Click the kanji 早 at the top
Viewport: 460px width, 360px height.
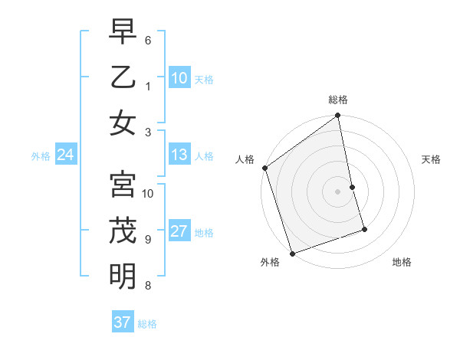pyautogui.click(x=123, y=34)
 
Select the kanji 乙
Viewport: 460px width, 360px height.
pyautogui.click(x=123, y=77)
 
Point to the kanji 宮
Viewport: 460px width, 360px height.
pyautogui.click(x=123, y=185)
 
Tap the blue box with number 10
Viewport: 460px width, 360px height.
pyautogui.click(x=179, y=78)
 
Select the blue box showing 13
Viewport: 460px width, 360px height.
pyautogui.click(x=179, y=155)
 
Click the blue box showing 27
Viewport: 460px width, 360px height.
pyautogui.click(x=179, y=232)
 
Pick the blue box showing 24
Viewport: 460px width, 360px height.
pyautogui.click(x=65, y=155)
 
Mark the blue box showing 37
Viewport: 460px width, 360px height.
pyautogui.click(x=122, y=322)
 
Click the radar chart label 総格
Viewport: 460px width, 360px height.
pyautogui.click(x=338, y=100)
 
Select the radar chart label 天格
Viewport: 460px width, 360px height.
pyautogui.click(x=431, y=159)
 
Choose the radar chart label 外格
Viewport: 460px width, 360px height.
pyautogui.click(x=270, y=263)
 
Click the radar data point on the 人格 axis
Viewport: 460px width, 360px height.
pyautogui.click(x=264, y=168)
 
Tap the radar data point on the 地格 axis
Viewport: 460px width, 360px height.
pyautogui.click(x=364, y=229)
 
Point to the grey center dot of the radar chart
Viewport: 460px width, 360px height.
pyautogui.click(x=338, y=191)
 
